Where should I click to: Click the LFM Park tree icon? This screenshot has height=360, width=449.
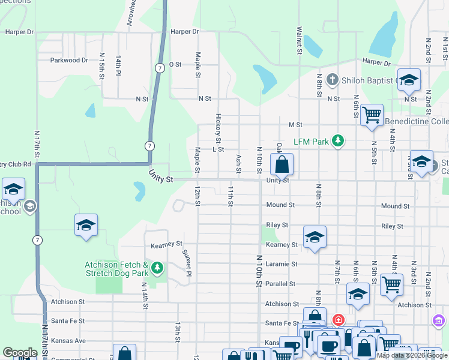338,141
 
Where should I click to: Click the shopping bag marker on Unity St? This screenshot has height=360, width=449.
282,164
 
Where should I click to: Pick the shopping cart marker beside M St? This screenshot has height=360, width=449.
372,114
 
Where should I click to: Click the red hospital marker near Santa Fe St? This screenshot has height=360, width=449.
338,320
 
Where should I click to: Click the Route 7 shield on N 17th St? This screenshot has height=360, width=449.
38,240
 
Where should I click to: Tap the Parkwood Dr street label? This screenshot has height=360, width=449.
69,60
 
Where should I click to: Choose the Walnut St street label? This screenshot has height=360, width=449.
298,40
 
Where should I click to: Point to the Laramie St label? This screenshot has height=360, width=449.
282,264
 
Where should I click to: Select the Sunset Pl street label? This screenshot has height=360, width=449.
187,262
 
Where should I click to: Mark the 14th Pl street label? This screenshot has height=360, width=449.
119,66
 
